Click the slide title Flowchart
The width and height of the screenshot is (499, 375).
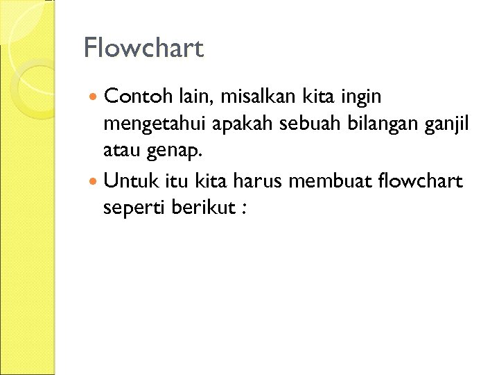pyautogui.click(x=143, y=49)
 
